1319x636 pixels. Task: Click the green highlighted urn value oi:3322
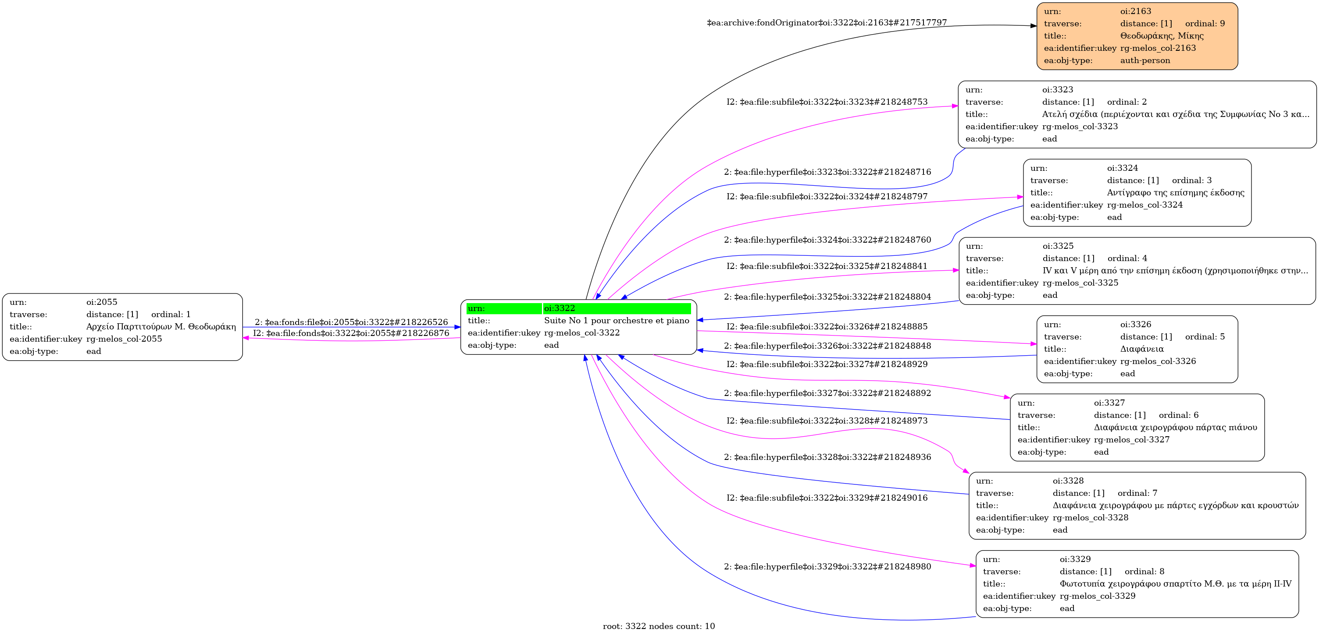point(559,308)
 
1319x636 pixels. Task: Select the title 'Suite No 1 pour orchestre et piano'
point(617,320)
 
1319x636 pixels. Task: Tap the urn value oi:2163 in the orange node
point(1136,11)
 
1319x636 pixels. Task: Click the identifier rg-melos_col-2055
point(124,339)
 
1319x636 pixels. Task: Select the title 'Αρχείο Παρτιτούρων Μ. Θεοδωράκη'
point(161,326)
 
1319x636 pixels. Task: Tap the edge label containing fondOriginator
point(827,22)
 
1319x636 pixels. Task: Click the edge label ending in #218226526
point(351,322)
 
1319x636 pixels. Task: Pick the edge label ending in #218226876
point(351,333)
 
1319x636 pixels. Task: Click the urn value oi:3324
point(1123,168)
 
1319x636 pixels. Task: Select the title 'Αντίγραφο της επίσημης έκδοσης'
point(1176,192)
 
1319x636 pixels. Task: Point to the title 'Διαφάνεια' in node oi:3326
point(1142,349)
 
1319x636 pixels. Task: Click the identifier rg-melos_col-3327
point(1132,439)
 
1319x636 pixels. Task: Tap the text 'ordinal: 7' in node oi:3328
point(1137,493)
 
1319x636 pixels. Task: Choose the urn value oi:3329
point(1075,559)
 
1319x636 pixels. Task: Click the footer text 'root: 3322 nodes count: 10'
point(659,626)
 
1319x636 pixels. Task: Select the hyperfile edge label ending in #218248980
point(827,566)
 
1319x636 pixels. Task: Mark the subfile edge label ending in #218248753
point(827,102)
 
